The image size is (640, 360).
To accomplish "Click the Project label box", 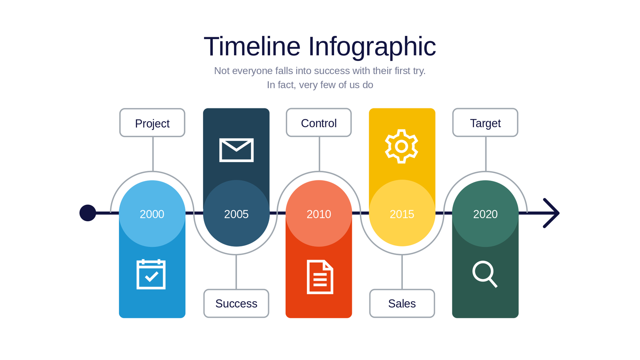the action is point(152,122).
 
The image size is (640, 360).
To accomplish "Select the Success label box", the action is point(236,304).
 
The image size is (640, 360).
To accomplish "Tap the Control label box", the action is point(319,122).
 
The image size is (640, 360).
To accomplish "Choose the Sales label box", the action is point(402,304).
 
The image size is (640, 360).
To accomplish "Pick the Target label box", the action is point(486,122).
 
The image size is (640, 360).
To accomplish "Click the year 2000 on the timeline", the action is point(152,214).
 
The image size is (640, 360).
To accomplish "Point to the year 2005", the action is point(236,214).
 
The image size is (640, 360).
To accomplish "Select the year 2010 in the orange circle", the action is point(319,214).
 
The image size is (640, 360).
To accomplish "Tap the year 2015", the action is point(402,214).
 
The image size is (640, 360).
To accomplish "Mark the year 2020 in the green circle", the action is point(486,214).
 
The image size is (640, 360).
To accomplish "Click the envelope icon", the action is point(236,150).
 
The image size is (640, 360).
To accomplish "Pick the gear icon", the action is point(402,146).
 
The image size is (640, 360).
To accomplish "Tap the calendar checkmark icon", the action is point(151,274).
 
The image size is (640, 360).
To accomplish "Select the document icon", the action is point(320,277).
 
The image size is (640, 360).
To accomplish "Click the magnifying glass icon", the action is point(485,274).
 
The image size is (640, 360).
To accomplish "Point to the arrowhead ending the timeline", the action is point(552,213).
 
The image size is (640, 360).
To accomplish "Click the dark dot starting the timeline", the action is point(88,213).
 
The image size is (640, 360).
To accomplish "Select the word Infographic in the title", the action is point(372,47).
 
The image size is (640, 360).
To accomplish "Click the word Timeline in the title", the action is point(252,46).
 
